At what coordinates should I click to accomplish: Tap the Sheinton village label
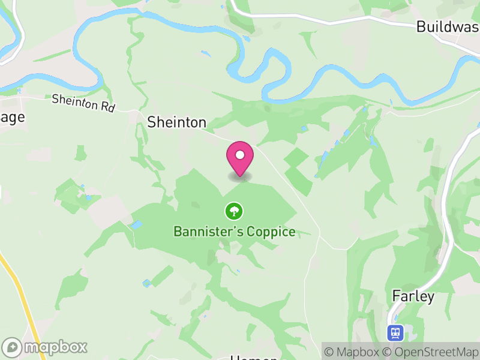(176, 122)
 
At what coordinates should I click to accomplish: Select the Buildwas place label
(448, 27)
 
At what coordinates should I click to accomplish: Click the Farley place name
(413, 295)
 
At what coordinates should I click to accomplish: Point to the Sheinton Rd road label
(83, 103)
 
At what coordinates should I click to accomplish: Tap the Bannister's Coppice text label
(234, 232)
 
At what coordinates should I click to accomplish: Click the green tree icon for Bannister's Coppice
(233, 211)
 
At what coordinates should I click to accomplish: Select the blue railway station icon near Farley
(395, 332)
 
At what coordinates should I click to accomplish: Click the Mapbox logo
(45, 347)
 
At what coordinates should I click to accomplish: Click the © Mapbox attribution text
(358, 352)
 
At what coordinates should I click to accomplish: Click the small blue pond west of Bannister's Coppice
(137, 225)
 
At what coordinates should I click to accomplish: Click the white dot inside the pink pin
(240, 155)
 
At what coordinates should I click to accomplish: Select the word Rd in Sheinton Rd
(107, 107)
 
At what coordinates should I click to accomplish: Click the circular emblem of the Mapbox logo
(12, 347)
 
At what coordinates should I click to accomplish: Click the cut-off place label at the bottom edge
(254, 358)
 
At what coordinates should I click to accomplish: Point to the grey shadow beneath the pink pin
(240, 176)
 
